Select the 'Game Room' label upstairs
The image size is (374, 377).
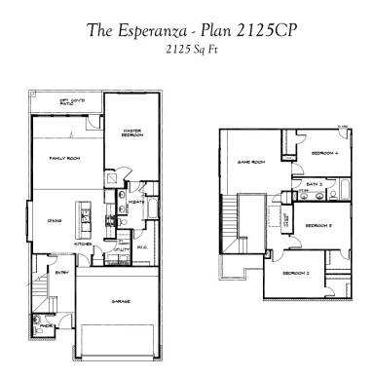click(x=252, y=163)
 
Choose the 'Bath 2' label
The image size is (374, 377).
click(x=313, y=182)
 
